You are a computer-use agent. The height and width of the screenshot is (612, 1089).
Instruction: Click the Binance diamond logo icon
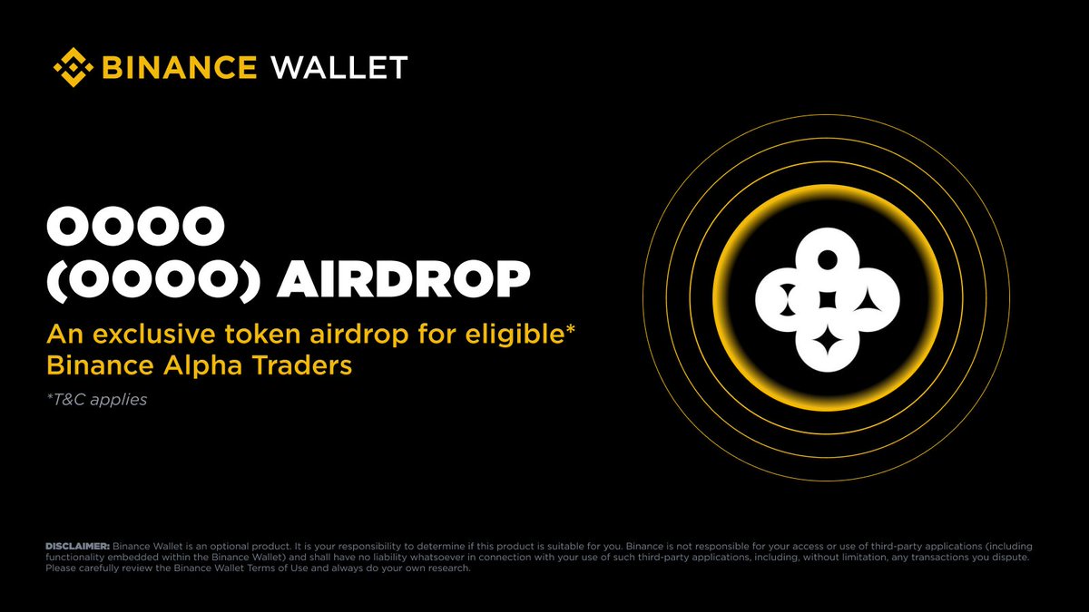(74, 67)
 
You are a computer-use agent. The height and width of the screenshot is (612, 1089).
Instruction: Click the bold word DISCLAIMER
(77, 546)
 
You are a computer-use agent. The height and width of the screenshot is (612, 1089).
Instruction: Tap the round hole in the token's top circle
(827, 259)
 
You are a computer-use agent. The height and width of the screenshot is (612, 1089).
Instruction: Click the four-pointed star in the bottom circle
(827, 343)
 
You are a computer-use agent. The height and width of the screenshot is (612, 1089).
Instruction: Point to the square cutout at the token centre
(827, 300)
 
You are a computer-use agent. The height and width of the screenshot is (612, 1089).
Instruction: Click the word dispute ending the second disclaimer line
(1009, 557)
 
